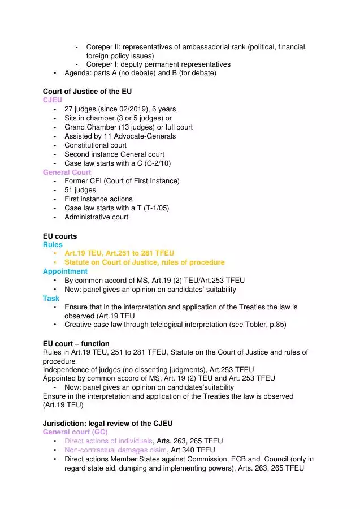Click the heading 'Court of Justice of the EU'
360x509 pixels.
click(x=88, y=91)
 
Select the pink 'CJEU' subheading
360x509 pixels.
click(x=53, y=100)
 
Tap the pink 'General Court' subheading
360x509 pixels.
click(x=67, y=172)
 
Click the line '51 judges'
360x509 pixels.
click(x=80, y=190)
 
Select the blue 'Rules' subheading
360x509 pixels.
click(x=53, y=244)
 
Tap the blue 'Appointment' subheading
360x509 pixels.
click(x=65, y=271)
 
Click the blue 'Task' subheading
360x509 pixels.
click(x=51, y=298)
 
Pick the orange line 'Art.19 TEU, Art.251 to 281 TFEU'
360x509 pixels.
click(x=119, y=253)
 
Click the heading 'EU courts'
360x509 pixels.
click(x=60, y=235)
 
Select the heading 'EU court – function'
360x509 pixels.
click(x=76, y=343)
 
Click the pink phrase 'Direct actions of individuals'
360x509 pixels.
click(x=108, y=441)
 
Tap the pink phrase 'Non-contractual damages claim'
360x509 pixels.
click(x=115, y=450)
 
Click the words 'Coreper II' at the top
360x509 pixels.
click(x=103, y=46)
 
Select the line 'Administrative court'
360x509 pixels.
click(x=96, y=217)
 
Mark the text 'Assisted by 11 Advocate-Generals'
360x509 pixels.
click(x=120, y=136)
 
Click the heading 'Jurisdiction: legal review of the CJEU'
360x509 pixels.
click(x=107, y=423)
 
